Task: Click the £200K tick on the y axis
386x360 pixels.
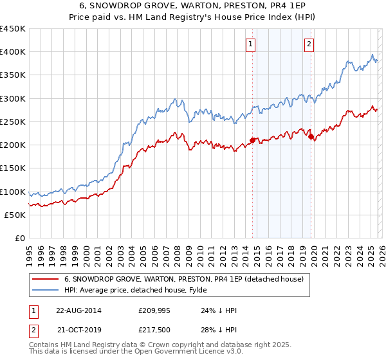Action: tap(13, 145)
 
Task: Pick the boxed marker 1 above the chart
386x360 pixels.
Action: tap(250, 44)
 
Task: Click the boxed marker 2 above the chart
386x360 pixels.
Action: tap(309, 44)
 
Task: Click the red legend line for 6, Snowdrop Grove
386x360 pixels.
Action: tap(45, 279)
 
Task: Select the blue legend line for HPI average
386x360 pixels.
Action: tap(45, 290)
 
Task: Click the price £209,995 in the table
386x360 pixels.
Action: tap(153, 310)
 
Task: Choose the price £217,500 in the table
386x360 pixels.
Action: tap(153, 330)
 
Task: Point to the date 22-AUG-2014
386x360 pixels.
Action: tap(78, 310)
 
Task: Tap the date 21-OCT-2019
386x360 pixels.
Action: tap(78, 330)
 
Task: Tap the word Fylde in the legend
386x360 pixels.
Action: tap(189, 290)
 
